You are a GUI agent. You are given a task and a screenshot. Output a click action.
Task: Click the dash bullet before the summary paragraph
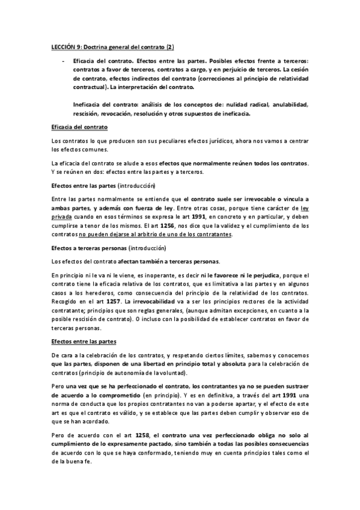63,62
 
